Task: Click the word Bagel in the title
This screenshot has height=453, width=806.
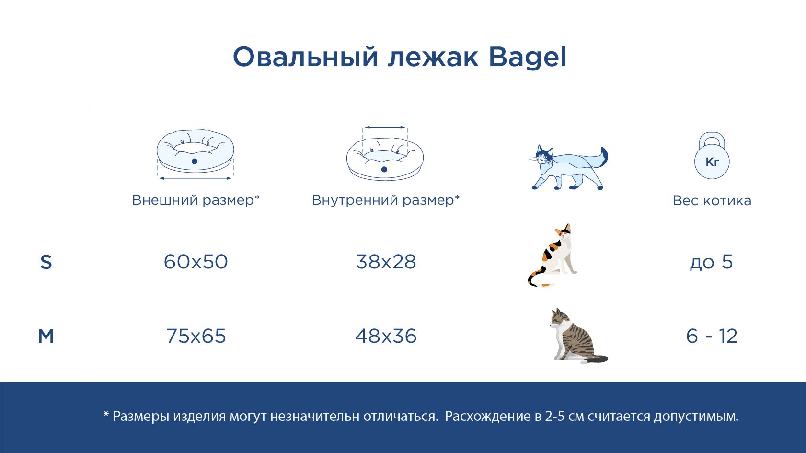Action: coord(528,58)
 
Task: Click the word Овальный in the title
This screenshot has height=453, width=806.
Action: coord(305,58)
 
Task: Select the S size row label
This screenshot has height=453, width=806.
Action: coord(46,262)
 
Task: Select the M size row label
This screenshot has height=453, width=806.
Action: coord(46,337)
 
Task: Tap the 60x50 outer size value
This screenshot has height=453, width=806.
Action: coord(196,262)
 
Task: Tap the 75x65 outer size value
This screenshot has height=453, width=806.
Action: coord(196,336)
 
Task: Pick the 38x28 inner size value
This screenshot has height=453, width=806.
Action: coord(386,262)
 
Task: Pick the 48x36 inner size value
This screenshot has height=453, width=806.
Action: coord(386,336)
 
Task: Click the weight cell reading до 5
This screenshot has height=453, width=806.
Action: coord(712,262)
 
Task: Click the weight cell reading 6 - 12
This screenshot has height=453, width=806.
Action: coord(712,336)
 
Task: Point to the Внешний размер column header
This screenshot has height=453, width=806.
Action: coord(196,200)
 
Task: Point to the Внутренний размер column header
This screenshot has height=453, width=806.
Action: coord(386,200)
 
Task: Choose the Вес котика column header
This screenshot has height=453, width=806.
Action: coord(712,200)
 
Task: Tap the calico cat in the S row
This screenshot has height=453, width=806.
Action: coord(553,255)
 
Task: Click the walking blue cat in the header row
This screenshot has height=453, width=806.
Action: coord(568,167)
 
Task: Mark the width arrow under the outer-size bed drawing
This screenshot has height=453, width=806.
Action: coord(196,178)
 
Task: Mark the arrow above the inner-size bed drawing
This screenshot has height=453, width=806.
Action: coord(385,128)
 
